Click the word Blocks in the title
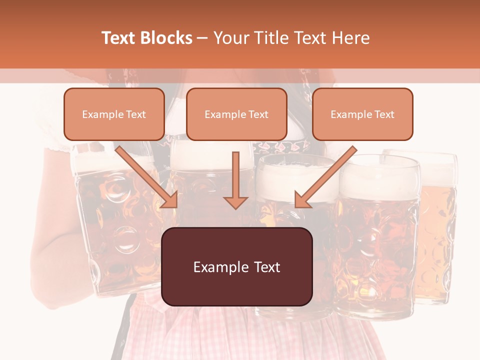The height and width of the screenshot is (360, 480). (x=167, y=38)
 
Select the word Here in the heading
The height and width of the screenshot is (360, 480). (x=349, y=38)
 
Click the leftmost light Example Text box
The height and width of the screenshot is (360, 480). (x=114, y=114)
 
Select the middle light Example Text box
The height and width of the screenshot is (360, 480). (x=236, y=114)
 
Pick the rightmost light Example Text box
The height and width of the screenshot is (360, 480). (x=362, y=114)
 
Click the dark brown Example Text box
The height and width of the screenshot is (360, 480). (x=236, y=266)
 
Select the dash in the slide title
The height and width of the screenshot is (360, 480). (x=202, y=38)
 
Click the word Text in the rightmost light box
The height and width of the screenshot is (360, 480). (x=384, y=114)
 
